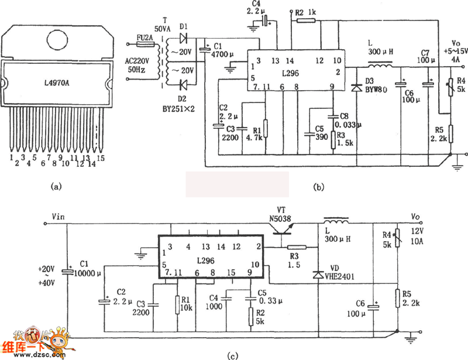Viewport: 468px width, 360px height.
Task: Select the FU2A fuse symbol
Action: tap(143, 44)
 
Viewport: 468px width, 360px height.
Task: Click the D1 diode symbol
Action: tap(184, 39)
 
